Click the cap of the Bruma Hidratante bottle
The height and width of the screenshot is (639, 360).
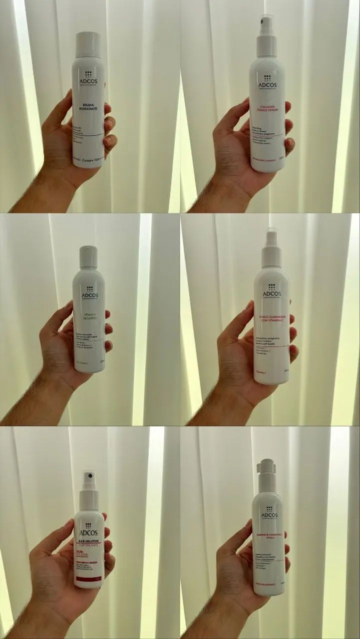point(88,44)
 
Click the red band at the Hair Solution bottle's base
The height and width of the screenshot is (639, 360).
point(88,579)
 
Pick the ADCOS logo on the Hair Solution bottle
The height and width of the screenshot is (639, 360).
point(88,530)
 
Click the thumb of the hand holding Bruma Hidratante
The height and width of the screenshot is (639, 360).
point(63,111)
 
